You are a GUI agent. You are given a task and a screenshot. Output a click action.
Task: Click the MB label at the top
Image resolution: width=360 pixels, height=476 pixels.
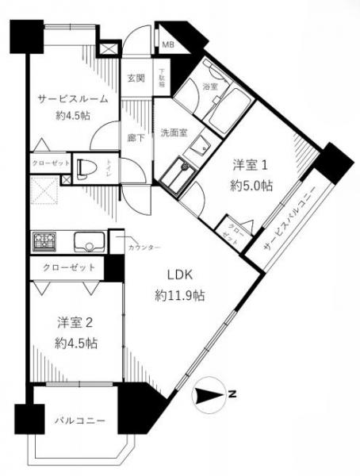[169, 44]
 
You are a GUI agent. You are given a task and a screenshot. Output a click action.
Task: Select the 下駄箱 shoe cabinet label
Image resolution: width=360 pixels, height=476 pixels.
[162, 79]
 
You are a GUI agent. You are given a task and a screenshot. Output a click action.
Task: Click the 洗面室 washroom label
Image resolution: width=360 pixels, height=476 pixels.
[173, 132]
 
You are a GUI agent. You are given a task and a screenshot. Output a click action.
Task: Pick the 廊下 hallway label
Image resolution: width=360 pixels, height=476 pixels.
[136, 136]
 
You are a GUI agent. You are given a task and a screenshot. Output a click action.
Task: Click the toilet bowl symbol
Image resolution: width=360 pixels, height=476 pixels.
[87, 168]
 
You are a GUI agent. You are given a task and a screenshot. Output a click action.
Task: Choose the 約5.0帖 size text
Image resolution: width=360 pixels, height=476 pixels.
[253, 186]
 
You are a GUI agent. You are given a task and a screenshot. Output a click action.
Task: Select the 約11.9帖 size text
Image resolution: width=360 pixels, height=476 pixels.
[180, 295]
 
